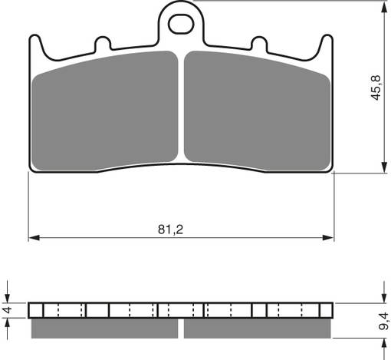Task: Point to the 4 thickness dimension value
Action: click(x=8, y=310)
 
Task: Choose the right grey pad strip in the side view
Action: click(x=257, y=328)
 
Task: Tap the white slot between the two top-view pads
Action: click(x=182, y=107)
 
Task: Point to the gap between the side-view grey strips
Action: click(x=182, y=328)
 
